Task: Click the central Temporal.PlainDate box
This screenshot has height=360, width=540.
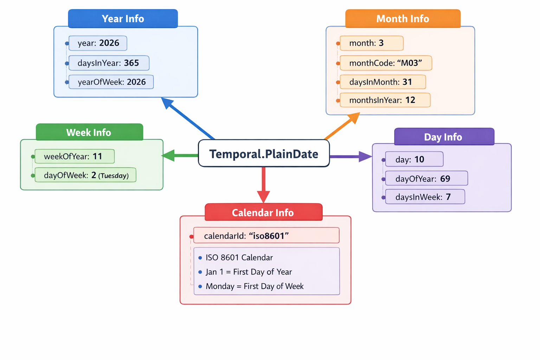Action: pyautogui.click(x=264, y=154)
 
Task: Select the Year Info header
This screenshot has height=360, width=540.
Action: pyautogui.click(x=123, y=19)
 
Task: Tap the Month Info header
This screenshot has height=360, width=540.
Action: pyautogui.click(x=403, y=19)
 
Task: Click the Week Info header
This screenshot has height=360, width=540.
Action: pyautogui.click(x=89, y=132)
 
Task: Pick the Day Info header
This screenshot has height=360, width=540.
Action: pyautogui.click(x=444, y=137)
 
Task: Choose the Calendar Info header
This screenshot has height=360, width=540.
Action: pyautogui.click(x=263, y=212)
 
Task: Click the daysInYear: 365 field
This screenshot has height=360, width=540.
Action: pyautogui.click(x=109, y=63)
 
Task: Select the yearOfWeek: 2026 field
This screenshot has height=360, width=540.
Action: pyautogui.click(x=111, y=82)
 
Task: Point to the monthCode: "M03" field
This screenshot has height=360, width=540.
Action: pyautogui.click(x=385, y=63)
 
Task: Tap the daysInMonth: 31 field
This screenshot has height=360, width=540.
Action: pyautogui.click(x=382, y=82)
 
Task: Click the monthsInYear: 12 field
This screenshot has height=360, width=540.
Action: pyautogui.click(x=385, y=100)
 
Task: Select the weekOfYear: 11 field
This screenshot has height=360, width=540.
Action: pyautogui.click(x=75, y=156)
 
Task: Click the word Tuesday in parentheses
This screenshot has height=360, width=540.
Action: pyautogui.click(x=114, y=176)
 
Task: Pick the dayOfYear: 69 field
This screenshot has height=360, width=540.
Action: pyautogui.click(x=426, y=179)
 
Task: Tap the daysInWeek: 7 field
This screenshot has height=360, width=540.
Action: pyautogui.click(x=425, y=197)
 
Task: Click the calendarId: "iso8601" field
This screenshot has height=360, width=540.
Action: pyautogui.click(x=266, y=236)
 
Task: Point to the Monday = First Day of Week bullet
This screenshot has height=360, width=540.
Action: pyautogui.click(x=254, y=286)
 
